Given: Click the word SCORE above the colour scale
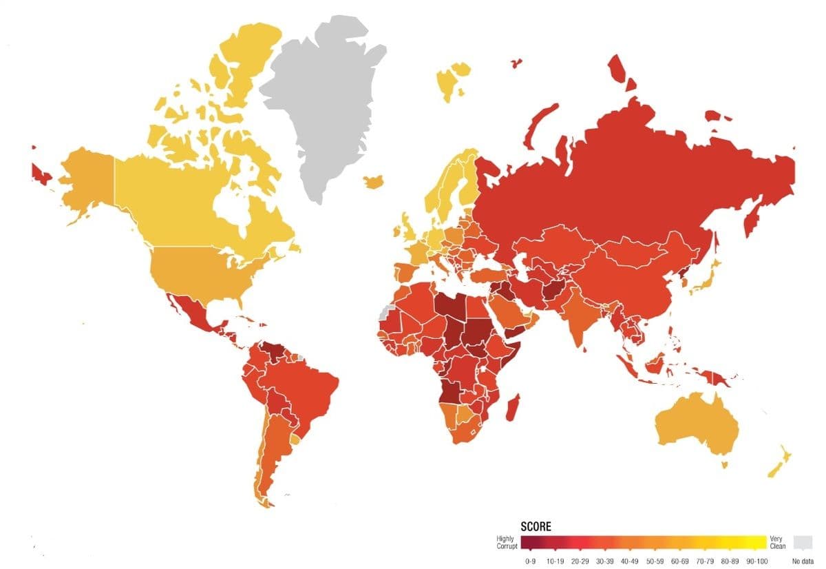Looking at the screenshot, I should [536, 526].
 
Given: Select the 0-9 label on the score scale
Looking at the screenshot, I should [531, 561].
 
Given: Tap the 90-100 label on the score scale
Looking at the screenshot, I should [756, 561].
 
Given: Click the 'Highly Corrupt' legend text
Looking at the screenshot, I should [507, 542].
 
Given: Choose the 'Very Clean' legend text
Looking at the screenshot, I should [776, 542].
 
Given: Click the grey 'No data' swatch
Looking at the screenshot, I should [803, 541].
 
